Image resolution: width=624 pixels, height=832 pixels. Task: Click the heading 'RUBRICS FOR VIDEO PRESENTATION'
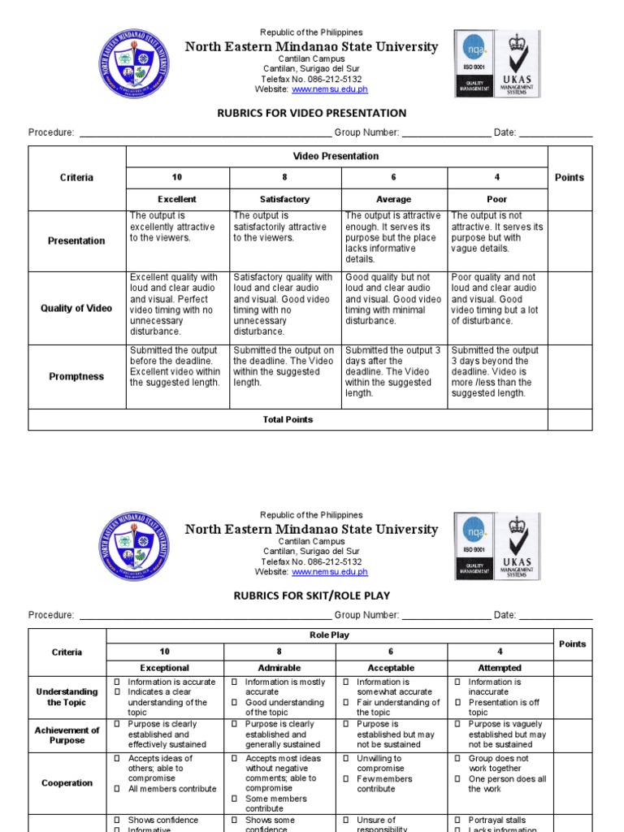click(x=312, y=113)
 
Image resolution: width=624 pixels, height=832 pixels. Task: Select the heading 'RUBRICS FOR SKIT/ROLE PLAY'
click(x=312, y=596)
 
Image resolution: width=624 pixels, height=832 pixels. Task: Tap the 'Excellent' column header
click(x=177, y=199)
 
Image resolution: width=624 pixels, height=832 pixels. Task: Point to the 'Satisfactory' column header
click(x=284, y=199)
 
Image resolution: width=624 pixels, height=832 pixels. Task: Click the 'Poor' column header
click(x=496, y=199)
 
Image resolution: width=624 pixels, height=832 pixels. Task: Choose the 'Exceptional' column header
click(x=165, y=668)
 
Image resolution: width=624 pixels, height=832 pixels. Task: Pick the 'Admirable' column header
click(x=279, y=668)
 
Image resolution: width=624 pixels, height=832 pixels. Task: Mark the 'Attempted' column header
click(x=500, y=668)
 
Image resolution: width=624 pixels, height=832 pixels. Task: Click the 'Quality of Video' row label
click(x=76, y=309)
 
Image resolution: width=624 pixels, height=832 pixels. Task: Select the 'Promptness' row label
click(x=76, y=377)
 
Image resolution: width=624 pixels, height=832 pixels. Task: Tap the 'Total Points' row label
click(x=288, y=420)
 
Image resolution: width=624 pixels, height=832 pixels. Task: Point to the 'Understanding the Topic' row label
click(x=67, y=697)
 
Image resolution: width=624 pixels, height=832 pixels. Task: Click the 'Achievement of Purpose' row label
click(x=67, y=735)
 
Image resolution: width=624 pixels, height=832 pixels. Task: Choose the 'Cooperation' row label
click(x=67, y=783)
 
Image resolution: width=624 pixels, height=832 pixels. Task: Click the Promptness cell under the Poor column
click(x=496, y=372)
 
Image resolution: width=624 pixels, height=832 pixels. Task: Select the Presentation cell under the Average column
click(x=393, y=238)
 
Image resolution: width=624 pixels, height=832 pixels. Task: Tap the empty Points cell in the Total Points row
click(x=569, y=420)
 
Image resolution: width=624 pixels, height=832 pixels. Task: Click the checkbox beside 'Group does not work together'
click(x=457, y=759)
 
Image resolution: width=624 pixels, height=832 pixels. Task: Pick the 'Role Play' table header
click(x=329, y=635)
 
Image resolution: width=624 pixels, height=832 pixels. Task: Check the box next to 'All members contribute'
click(x=117, y=789)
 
